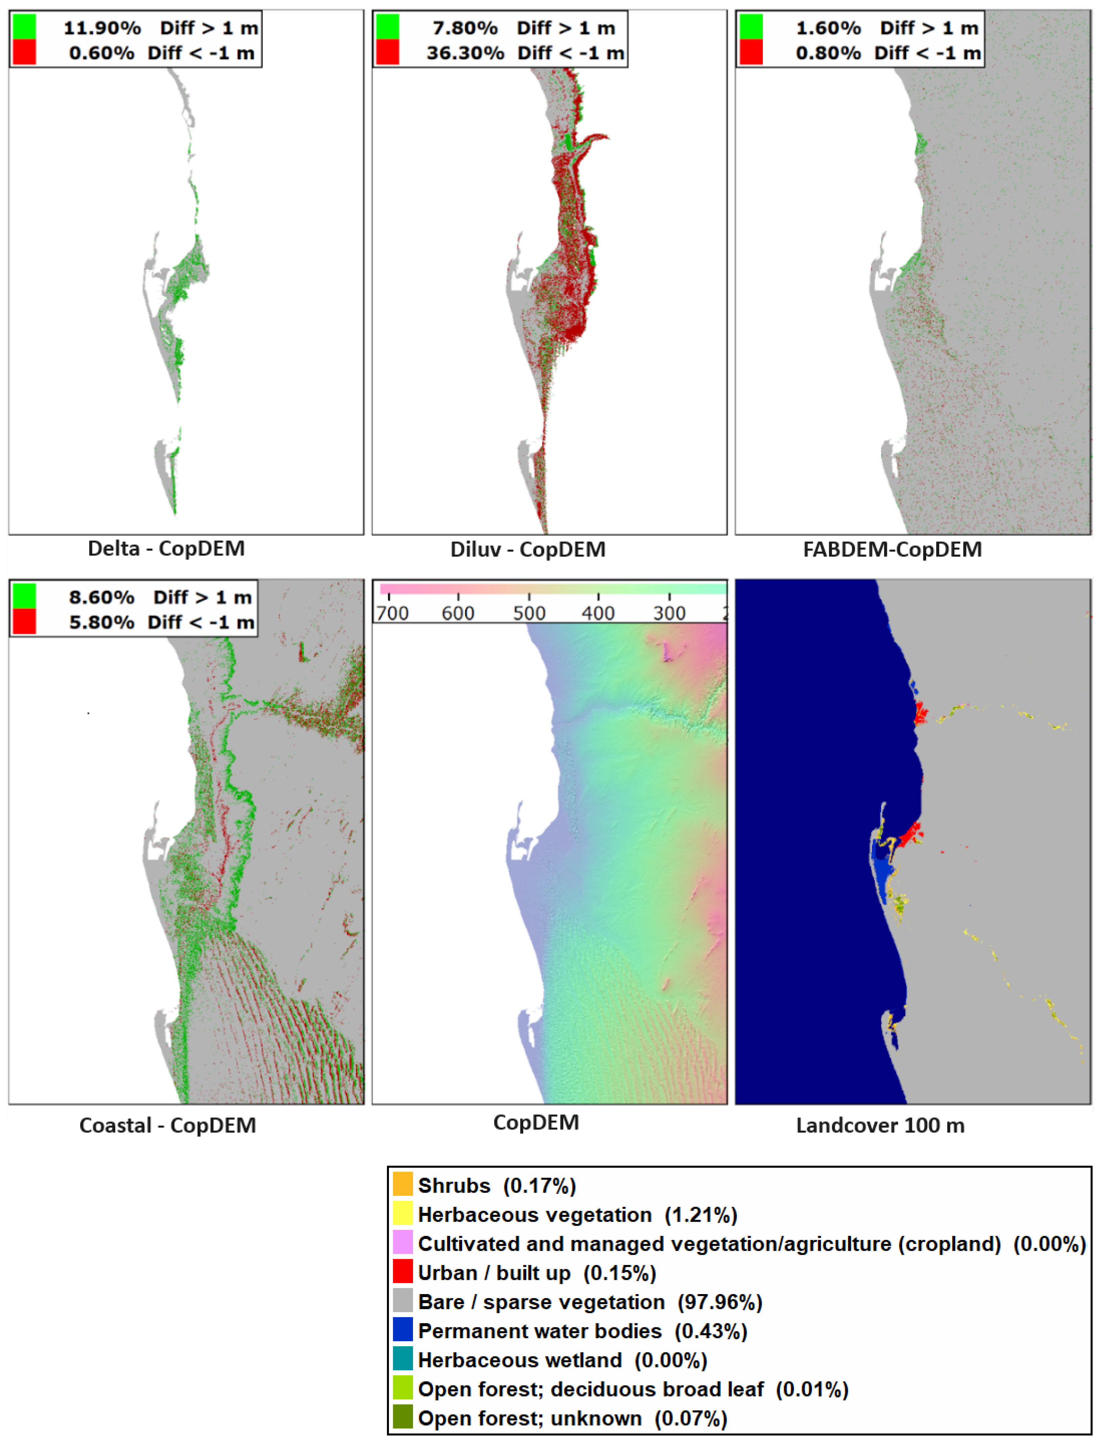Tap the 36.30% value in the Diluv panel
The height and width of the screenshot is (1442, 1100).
pos(465,53)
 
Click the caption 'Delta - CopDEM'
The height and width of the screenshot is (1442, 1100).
pos(166,548)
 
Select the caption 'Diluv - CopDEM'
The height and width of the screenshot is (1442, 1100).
pos(528,549)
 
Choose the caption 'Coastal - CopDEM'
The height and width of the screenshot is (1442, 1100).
pos(168,1125)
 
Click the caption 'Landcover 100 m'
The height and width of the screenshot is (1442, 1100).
pos(880,1125)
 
